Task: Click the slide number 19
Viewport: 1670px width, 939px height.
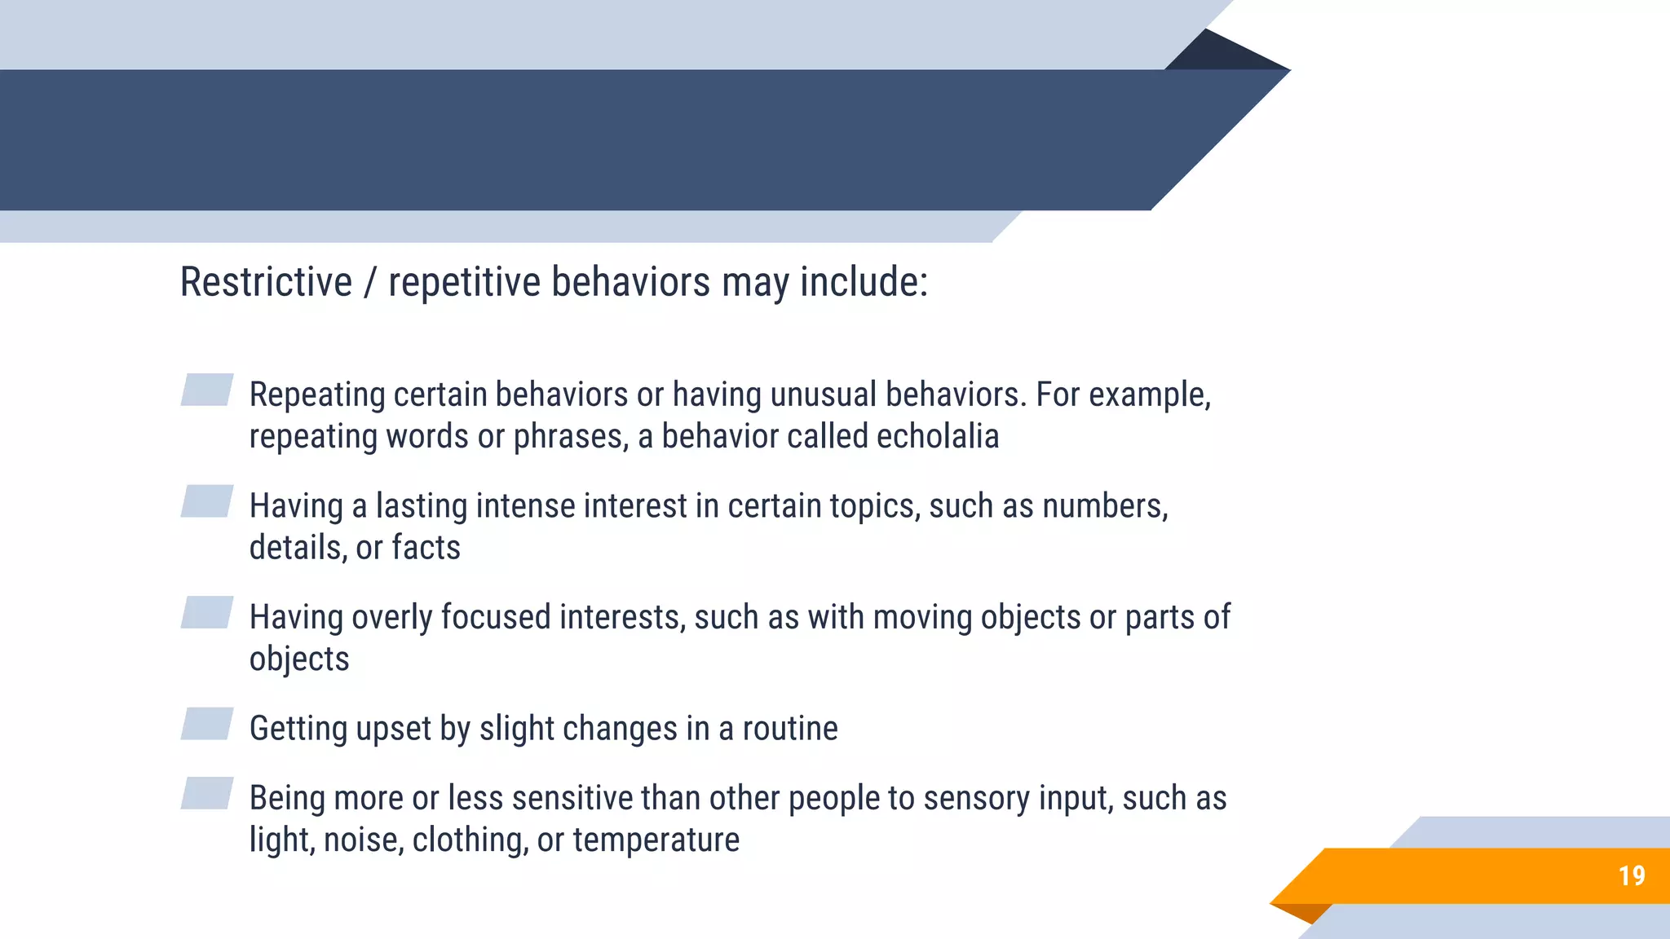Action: click(x=1632, y=875)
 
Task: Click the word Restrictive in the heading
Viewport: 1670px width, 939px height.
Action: click(x=266, y=282)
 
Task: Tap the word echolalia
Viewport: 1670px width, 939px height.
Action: click(x=937, y=436)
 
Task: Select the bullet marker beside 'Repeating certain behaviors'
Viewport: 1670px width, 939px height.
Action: click(x=207, y=390)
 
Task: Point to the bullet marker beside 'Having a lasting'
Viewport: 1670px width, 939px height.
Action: click(x=207, y=501)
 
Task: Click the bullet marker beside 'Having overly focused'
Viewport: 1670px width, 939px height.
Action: click(x=207, y=612)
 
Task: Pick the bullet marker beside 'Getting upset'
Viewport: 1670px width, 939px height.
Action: click(x=207, y=724)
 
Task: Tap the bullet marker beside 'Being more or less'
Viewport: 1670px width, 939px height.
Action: click(x=207, y=793)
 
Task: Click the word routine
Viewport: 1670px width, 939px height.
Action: click(x=789, y=729)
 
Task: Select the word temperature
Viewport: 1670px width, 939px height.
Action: click(x=656, y=840)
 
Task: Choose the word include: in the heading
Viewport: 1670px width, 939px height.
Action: click(x=864, y=282)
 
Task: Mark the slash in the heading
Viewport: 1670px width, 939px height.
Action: click(x=370, y=282)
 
